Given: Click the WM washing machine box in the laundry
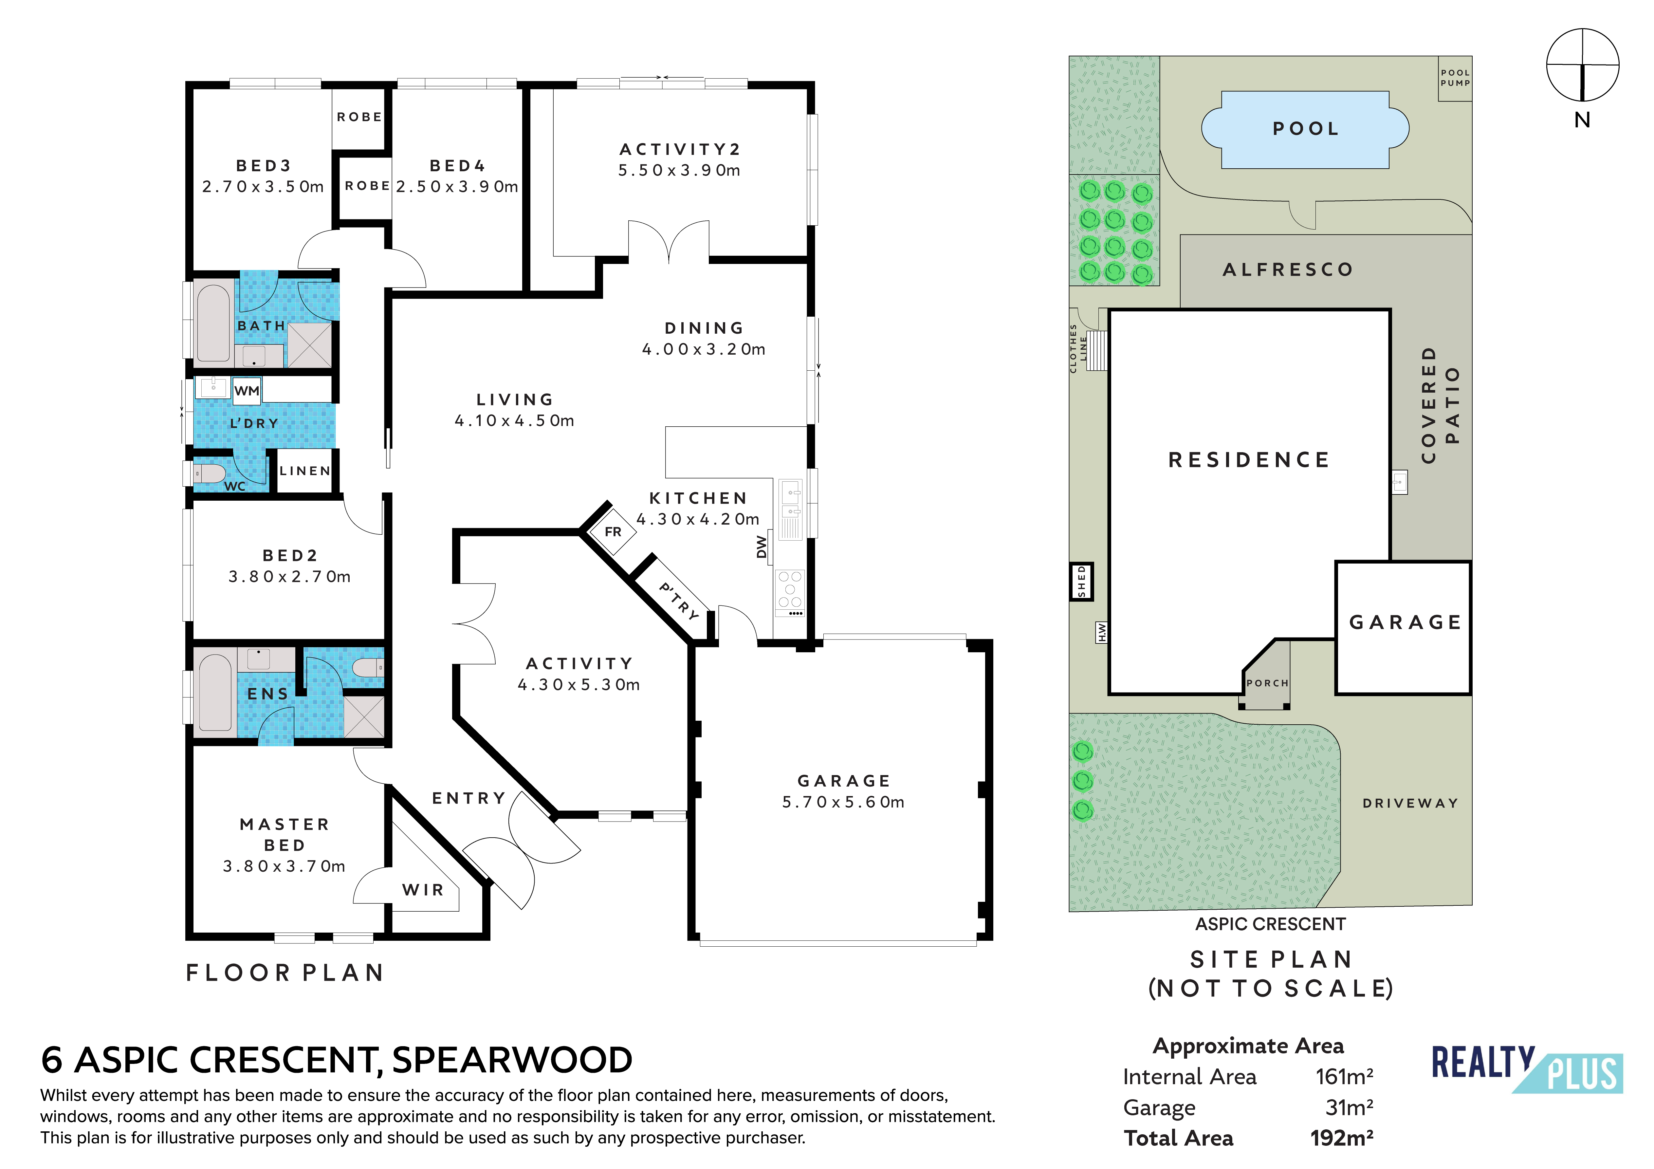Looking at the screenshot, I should (x=247, y=391).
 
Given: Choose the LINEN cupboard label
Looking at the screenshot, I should (x=305, y=471).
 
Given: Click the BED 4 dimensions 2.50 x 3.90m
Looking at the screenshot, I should (x=457, y=187).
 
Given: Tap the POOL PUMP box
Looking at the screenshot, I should (x=1455, y=78).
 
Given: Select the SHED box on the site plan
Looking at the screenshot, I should (x=1081, y=581).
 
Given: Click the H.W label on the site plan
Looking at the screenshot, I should (x=1101, y=632).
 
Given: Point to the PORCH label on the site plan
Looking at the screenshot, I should (x=1266, y=682).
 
